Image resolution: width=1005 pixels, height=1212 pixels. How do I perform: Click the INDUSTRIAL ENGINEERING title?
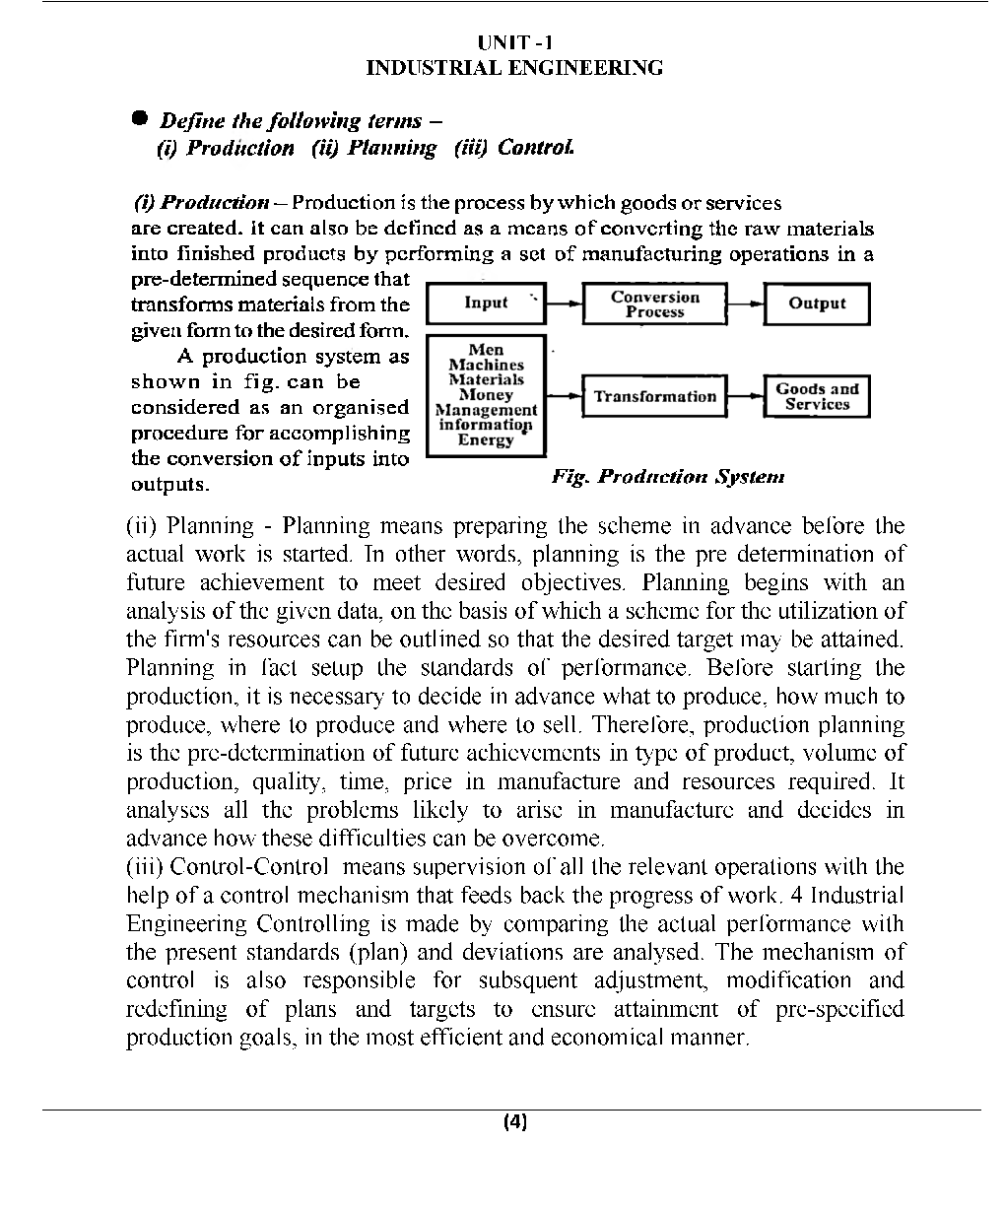(x=514, y=68)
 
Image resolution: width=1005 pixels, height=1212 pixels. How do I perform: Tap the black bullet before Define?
(x=141, y=118)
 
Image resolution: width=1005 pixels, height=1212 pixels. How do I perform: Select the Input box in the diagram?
(x=486, y=303)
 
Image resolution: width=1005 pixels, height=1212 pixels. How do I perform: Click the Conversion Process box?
(x=654, y=303)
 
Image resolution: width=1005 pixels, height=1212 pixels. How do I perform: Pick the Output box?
(x=817, y=303)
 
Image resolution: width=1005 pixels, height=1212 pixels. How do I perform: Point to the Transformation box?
(x=654, y=396)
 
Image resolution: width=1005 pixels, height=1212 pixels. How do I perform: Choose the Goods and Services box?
(x=817, y=396)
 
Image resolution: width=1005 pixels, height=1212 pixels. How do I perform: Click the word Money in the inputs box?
(x=486, y=394)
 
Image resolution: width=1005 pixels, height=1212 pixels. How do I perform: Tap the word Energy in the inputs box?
(x=485, y=439)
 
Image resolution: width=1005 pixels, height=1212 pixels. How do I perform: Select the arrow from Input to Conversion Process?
(x=564, y=303)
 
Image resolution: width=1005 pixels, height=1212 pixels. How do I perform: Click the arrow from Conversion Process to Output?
(x=745, y=303)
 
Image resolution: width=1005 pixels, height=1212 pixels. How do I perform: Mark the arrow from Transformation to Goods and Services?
(x=745, y=396)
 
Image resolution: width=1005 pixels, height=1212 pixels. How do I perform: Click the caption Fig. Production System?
(x=668, y=477)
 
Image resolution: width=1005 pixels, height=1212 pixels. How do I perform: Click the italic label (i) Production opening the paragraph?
(x=201, y=203)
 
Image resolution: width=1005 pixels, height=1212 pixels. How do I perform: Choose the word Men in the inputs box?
(x=486, y=350)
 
